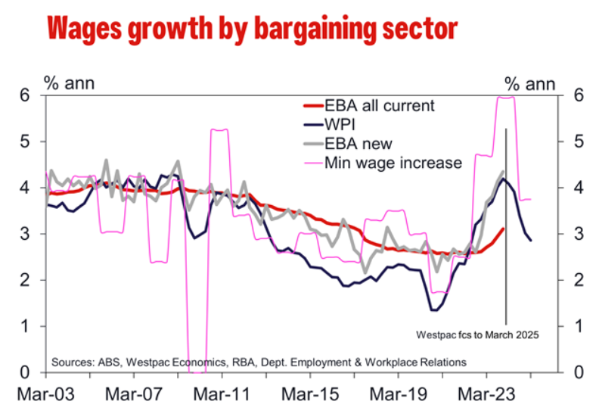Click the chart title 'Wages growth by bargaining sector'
(251, 29)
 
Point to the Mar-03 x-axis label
(46, 394)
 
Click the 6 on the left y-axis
(23, 95)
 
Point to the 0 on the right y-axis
(558, 372)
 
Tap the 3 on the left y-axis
(23, 234)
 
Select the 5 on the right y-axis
(558, 142)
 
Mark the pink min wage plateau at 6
(505, 97)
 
